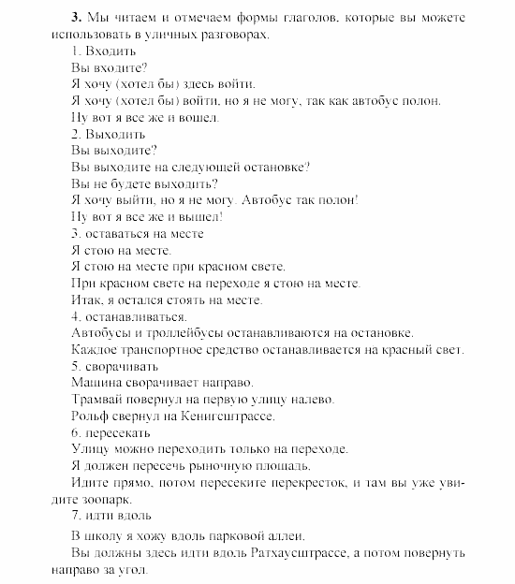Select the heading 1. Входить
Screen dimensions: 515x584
click(x=97, y=51)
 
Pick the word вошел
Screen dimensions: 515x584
click(x=196, y=118)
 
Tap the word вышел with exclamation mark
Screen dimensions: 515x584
click(x=200, y=217)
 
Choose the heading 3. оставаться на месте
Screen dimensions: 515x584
click(x=136, y=234)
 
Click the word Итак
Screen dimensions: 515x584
click(x=86, y=300)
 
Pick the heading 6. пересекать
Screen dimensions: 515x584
click(x=109, y=432)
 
